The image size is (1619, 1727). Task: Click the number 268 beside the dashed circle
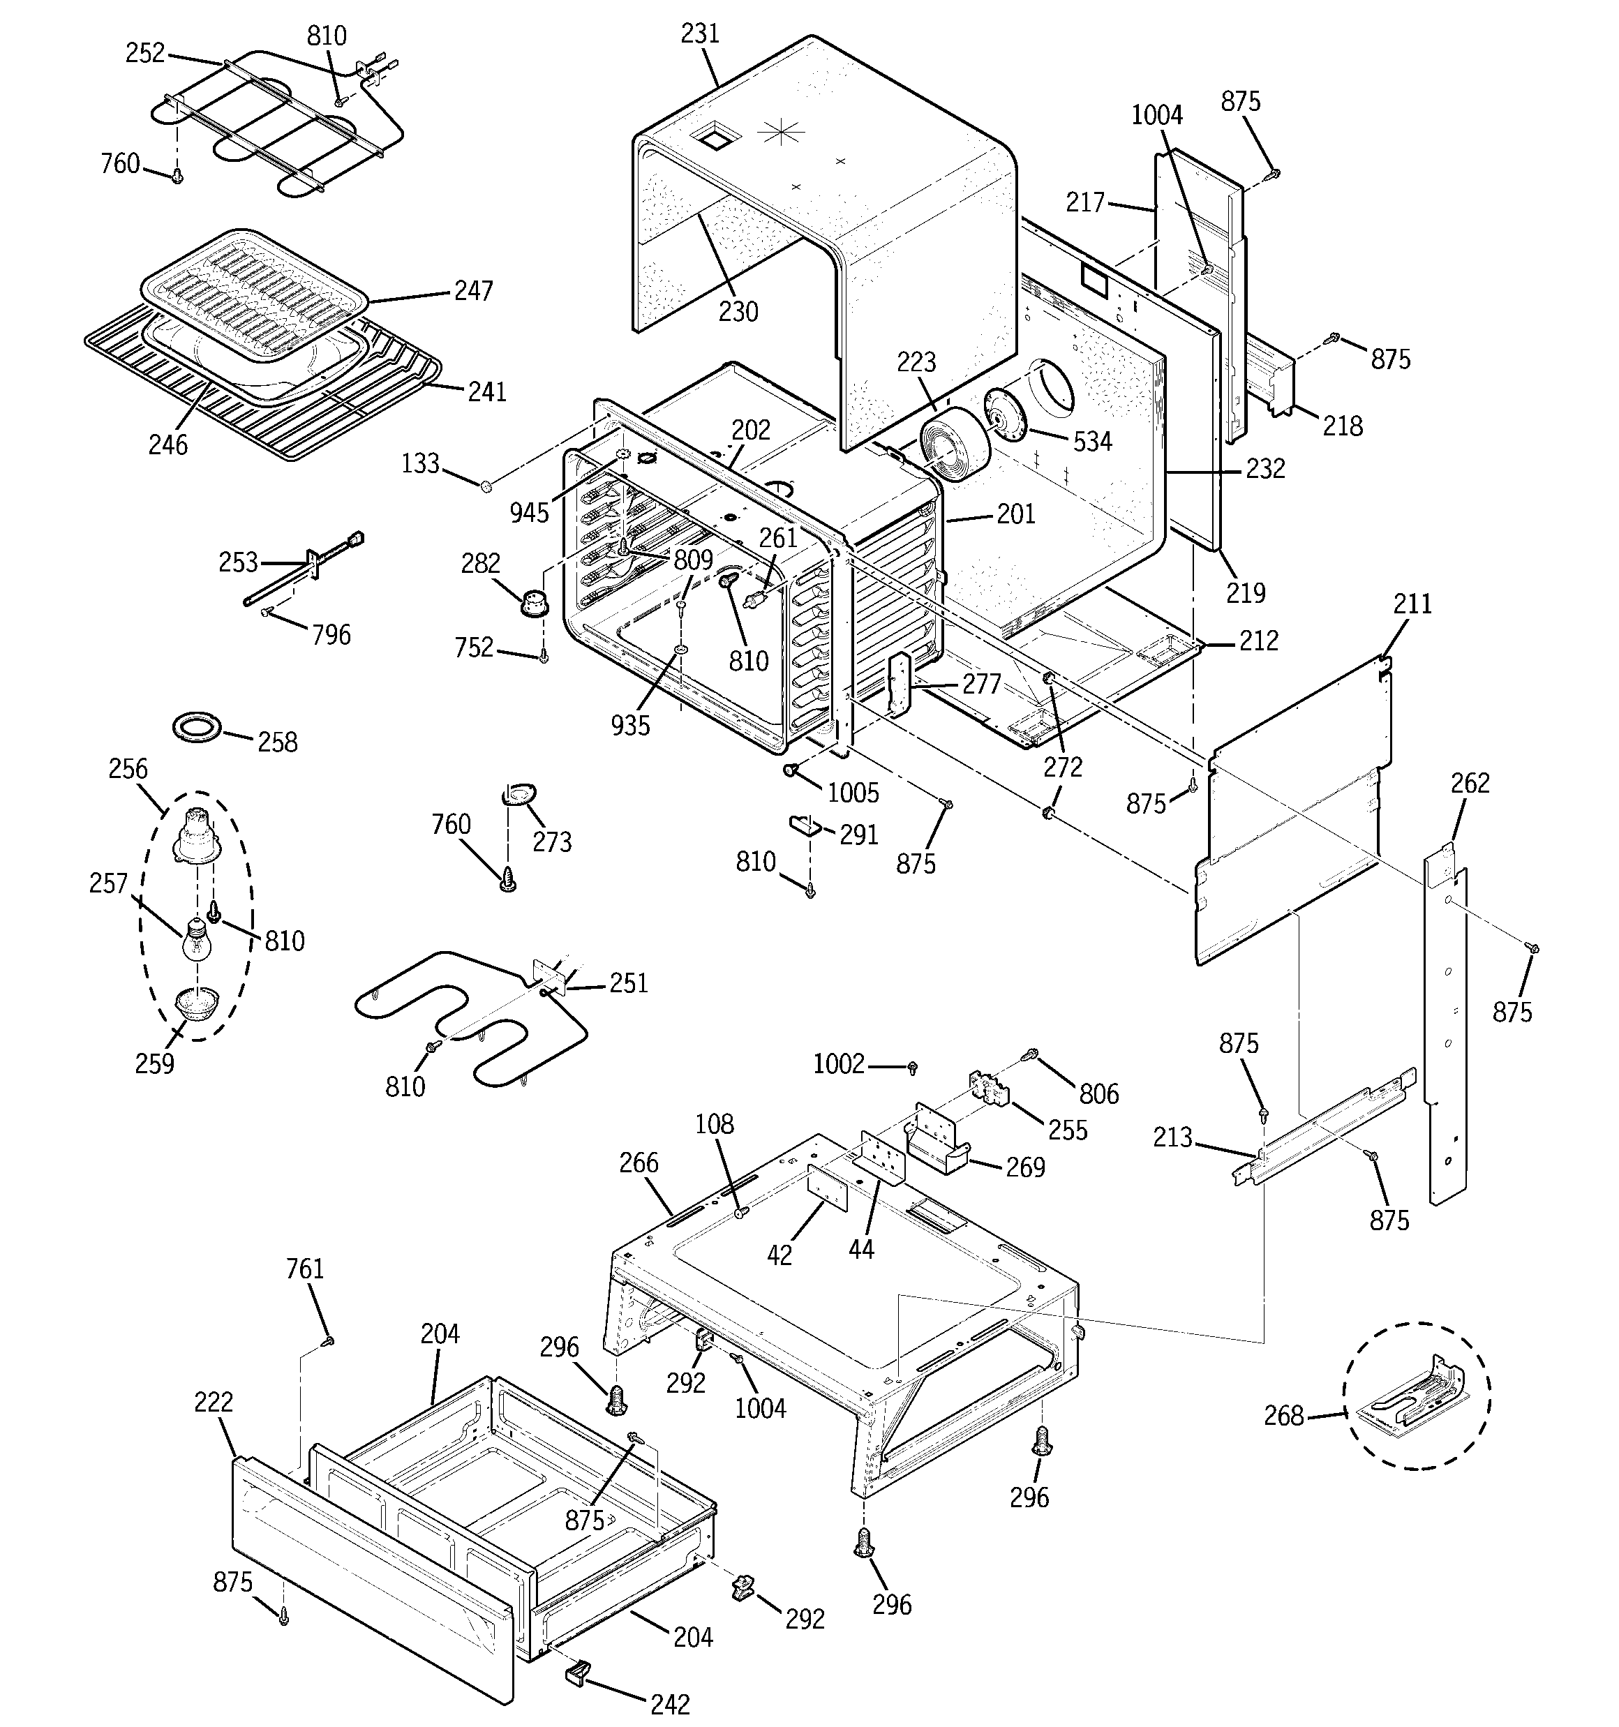[1283, 1415]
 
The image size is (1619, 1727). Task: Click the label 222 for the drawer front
[213, 1401]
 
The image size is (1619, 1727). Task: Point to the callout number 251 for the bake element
[628, 982]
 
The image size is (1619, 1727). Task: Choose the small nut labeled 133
[486, 483]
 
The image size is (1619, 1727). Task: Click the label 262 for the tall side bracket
[1470, 783]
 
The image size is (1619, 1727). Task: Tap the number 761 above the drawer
[304, 1269]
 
